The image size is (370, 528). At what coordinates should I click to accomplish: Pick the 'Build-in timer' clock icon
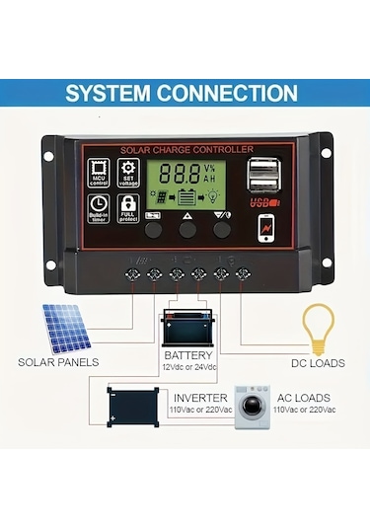100,207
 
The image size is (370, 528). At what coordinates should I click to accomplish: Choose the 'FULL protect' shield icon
127,207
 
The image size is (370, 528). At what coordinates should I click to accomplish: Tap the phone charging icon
267,224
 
